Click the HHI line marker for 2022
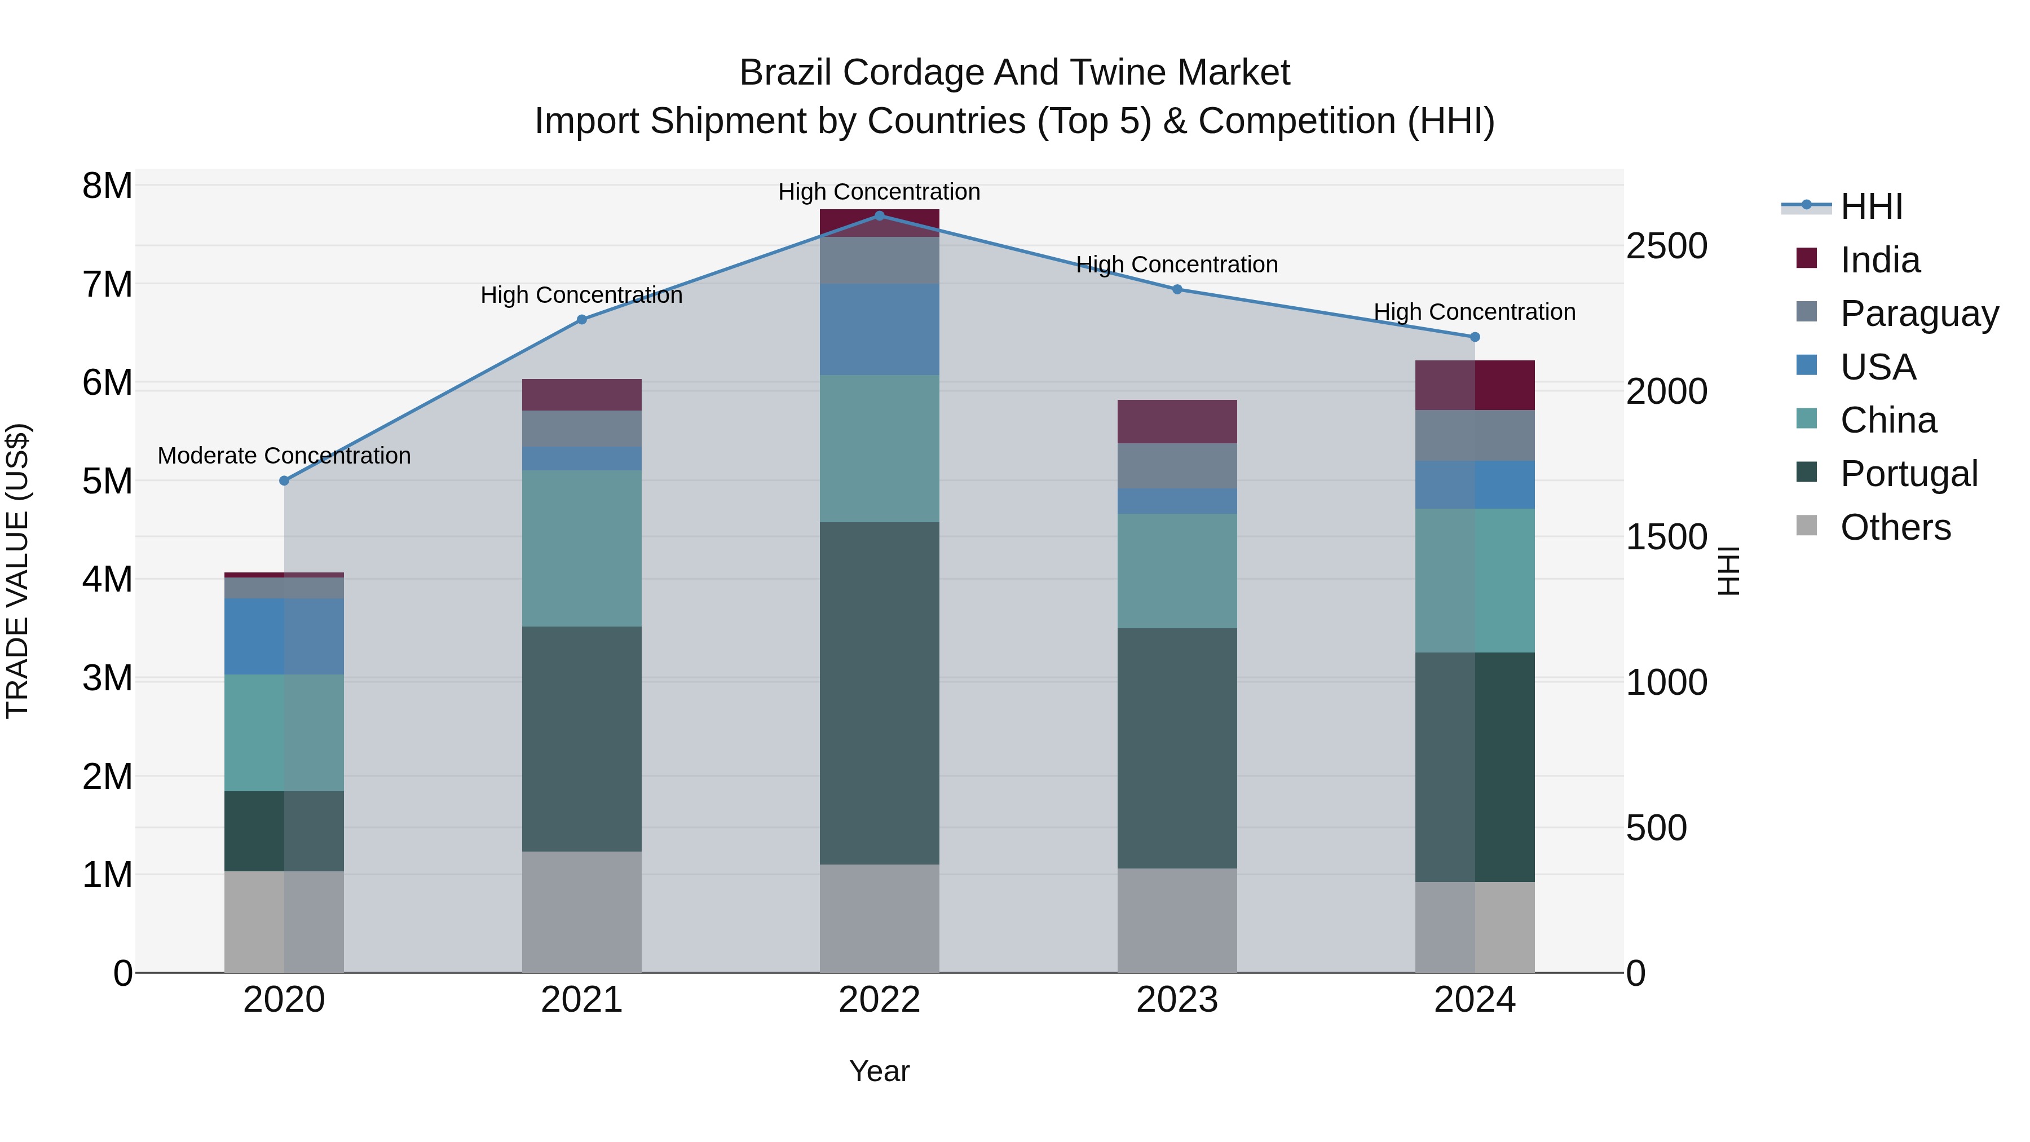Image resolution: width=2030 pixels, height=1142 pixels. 880,215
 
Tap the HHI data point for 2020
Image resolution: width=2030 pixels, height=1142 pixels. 285,480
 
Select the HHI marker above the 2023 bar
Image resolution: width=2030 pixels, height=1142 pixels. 1177,289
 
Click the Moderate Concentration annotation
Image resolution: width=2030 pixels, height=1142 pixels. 285,456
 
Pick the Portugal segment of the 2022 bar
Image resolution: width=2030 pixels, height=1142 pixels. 880,694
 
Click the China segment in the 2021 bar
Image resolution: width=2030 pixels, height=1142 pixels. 581,549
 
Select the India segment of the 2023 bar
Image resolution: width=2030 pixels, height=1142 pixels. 1177,422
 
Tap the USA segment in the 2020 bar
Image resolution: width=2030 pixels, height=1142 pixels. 285,636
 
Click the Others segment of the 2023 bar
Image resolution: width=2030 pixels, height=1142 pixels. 1177,920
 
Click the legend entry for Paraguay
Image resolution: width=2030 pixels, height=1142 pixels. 1919,314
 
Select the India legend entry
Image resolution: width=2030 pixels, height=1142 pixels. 1880,260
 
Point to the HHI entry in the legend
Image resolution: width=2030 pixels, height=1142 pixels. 1871,206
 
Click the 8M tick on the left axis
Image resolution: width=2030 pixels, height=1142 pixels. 107,186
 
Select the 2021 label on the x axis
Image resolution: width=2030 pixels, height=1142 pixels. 581,1000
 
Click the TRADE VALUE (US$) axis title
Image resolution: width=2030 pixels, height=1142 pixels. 17,571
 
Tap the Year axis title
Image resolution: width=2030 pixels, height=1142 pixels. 880,1071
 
